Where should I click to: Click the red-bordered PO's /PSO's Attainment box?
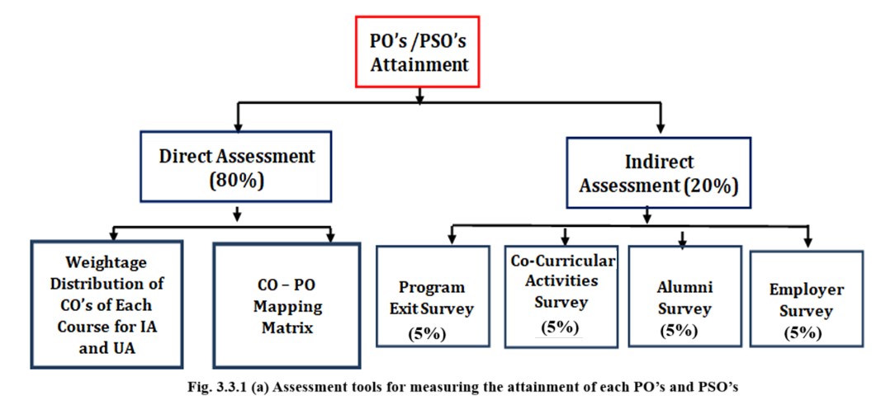click(418, 51)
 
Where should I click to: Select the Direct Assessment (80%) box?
click(236, 167)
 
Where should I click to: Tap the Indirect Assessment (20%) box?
click(658, 173)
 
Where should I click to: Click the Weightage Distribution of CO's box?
click(107, 304)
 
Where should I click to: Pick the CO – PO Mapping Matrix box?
click(286, 305)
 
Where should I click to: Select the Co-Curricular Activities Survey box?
click(561, 296)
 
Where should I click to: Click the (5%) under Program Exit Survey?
click(427, 333)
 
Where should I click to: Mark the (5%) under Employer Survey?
click(803, 333)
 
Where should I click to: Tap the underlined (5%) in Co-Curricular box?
click(560, 327)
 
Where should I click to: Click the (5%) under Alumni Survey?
click(679, 330)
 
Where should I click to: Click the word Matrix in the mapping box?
click(287, 327)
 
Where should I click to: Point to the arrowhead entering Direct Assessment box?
click(239, 125)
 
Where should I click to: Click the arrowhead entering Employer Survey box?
click(808, 243)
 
